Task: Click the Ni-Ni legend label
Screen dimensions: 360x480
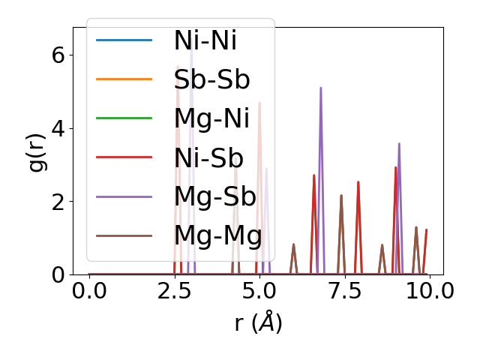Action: coord(205,40)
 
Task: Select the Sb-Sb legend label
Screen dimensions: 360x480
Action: coord(211,79)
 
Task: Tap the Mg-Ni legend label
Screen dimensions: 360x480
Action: coord(211,118)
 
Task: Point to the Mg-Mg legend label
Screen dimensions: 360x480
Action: coord(217,235)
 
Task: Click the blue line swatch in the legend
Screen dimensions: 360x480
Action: coord(124,40)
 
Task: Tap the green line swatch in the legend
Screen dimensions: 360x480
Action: coord(124,118)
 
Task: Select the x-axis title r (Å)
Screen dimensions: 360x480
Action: coord(258,322)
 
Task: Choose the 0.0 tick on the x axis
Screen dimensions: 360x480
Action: coord(89,290)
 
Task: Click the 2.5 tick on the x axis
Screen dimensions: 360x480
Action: coord(174,290)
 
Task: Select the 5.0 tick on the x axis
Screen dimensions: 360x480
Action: coord(259,290)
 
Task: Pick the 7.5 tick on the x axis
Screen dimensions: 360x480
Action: coord(344,290)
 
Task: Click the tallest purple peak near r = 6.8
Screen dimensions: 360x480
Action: coord(321,88)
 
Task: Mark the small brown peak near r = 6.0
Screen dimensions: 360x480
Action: coord(293,244)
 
